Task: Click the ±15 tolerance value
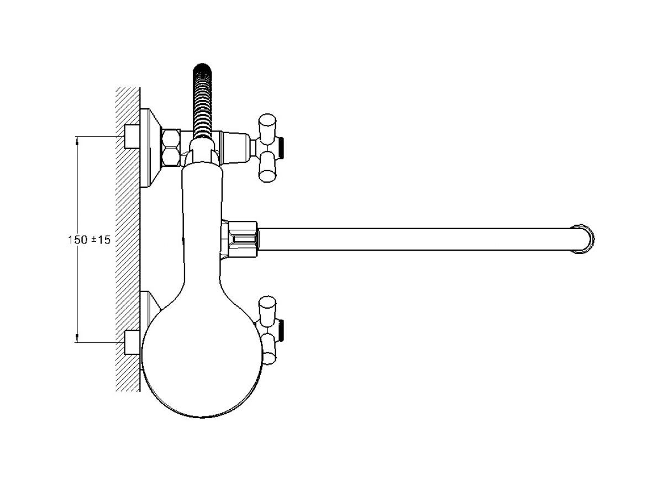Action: coord(101,240)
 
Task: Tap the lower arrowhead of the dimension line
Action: coord(77,339)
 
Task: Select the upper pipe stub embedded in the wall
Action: coord(132,136)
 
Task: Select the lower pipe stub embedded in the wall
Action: coord(132,342)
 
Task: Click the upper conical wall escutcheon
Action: coord(151,148)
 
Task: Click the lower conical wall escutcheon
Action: coord(150,305)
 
